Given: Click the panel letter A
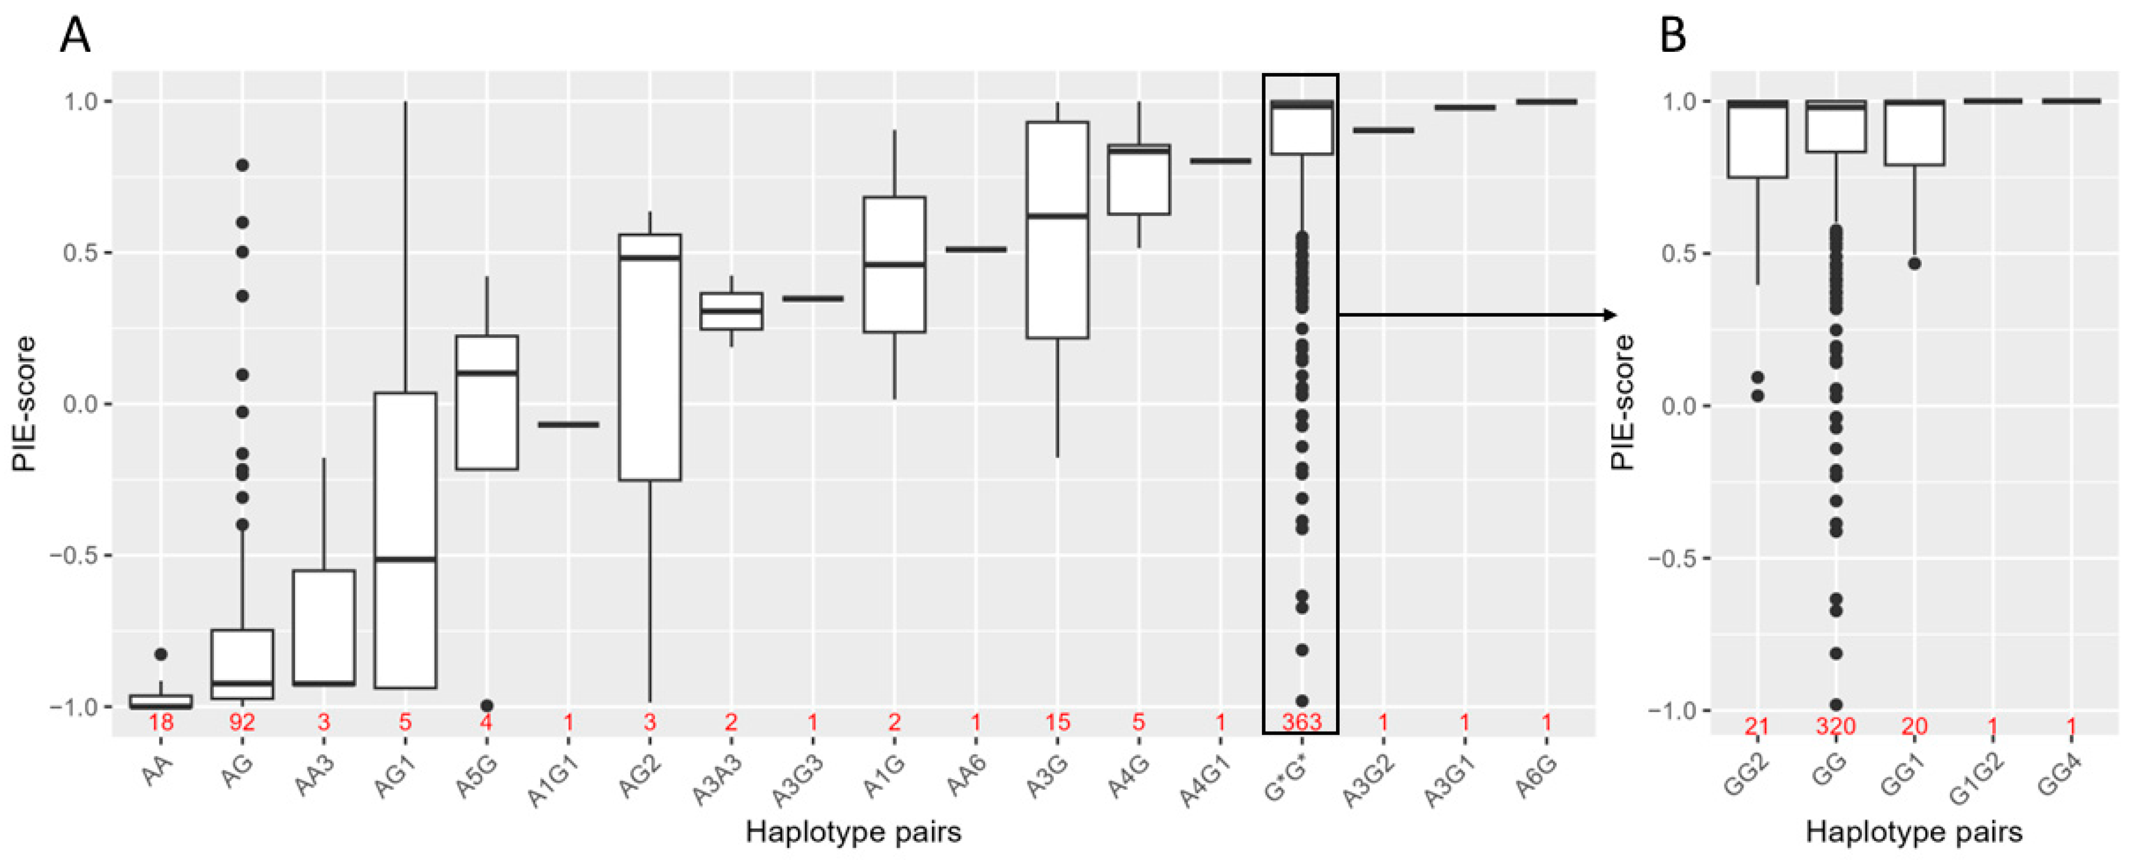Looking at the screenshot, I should click(75, 36).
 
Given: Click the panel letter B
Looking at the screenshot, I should click(1673, 36).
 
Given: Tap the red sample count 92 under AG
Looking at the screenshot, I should click(242, 723).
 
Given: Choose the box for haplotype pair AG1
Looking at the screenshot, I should click(405, 540).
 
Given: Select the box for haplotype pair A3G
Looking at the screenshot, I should click(1057, 230).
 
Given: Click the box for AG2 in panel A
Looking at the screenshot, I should click(650, 357).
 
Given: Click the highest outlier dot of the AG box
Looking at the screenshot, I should click(242, 165).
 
